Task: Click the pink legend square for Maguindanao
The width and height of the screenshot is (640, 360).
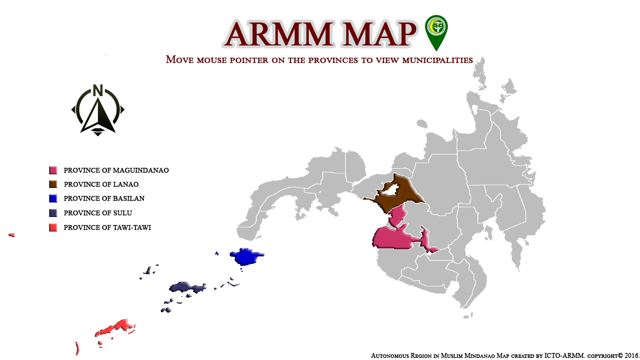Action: [x=53, y=170]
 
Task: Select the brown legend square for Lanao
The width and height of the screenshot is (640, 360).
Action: [x=53, y=184]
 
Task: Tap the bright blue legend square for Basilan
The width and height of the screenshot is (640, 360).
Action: [x=53, y=198]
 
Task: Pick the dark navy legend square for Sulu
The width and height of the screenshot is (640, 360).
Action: [x=53, y=213]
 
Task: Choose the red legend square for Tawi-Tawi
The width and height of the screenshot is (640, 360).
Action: [x=53, y=227]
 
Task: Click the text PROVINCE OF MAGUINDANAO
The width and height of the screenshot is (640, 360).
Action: [x=116, y=170]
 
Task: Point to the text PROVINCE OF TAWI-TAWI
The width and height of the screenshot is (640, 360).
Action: [x=107, y=227]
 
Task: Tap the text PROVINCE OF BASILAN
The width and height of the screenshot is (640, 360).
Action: [x=104, y=198]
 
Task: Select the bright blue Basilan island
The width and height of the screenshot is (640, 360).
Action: [x=246, y=257]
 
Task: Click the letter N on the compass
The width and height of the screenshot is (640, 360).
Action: [x=97, y=90]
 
